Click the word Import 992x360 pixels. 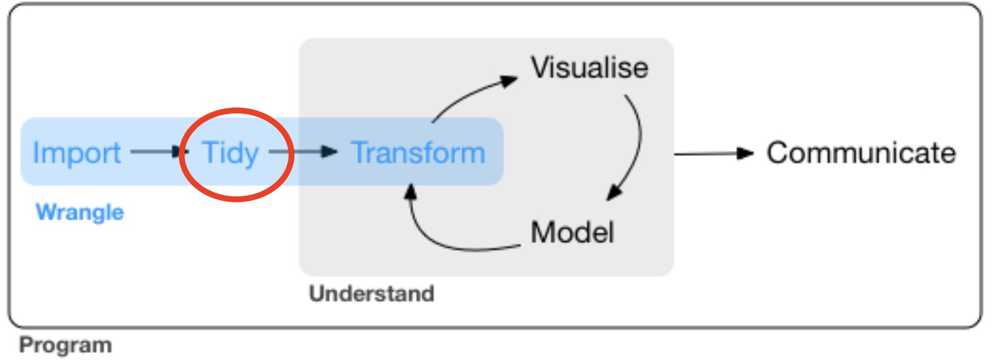pyautogui.click(x=77, y=153)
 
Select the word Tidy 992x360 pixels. pyautogui.click(x=230, y=153)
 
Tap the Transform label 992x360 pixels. pyautogui.click(x=418, y=153)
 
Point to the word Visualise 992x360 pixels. pyautogui.click(x=589, y=68)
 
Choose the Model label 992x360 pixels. pyautogui.click(x=572, y=232)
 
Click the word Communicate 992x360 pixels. pyautogui.click(x=861, y=153)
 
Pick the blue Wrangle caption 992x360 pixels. pyautogui.click(x=79, y=212)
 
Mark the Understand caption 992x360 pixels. pyautogui.click(x=372, y=293)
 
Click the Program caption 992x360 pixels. pyautogui.click(x=65, y=345)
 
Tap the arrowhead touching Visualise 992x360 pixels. pyautogui.click(x=509, y=81)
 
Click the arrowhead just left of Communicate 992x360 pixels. pyautogui.click(x=745, y=154)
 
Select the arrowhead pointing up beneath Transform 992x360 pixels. pyautogui.click(x=411, y=192)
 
